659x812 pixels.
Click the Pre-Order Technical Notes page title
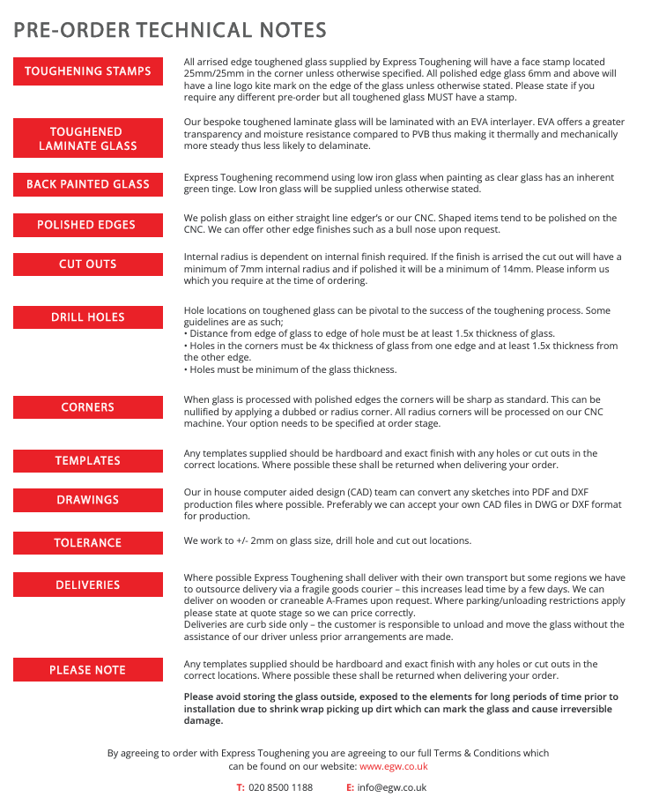coord(170,30)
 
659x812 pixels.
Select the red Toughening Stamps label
coord(88,71)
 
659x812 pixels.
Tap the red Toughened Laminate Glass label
coord(88,138)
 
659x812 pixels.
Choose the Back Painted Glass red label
coord(88,184)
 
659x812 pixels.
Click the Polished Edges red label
coord(88,225)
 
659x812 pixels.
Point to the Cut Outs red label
coord(88,264)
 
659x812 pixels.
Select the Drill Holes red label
coord(88,317)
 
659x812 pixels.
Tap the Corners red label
coord(88,407)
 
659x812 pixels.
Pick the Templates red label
coord(88,461)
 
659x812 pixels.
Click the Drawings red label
coord(88,500)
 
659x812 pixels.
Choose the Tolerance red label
coord(88,543)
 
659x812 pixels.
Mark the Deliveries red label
coord(88,585)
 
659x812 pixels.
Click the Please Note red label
coord(88,670)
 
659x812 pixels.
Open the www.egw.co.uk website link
coord(393,767)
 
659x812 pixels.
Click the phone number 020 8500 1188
coord(280,787)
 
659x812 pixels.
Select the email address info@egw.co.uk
coord(392,787)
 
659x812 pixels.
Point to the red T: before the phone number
coord(241,787)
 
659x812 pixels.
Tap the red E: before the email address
coord(350,787)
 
